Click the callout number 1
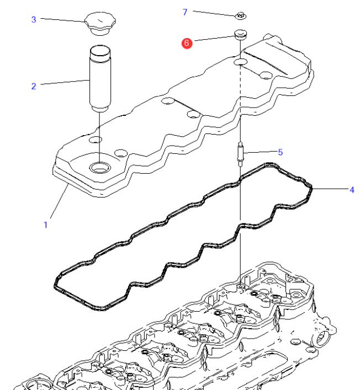(45, 225)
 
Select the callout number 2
(34, 86)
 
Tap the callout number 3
(34, 19)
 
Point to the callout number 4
(351, 190)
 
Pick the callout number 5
(280, 152)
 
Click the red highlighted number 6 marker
(187, 42)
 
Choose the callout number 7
(185, 12)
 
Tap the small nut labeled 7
(241, 15)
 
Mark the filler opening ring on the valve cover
(100, 166)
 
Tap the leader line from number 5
(260, 152)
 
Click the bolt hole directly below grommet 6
(241, 63)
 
